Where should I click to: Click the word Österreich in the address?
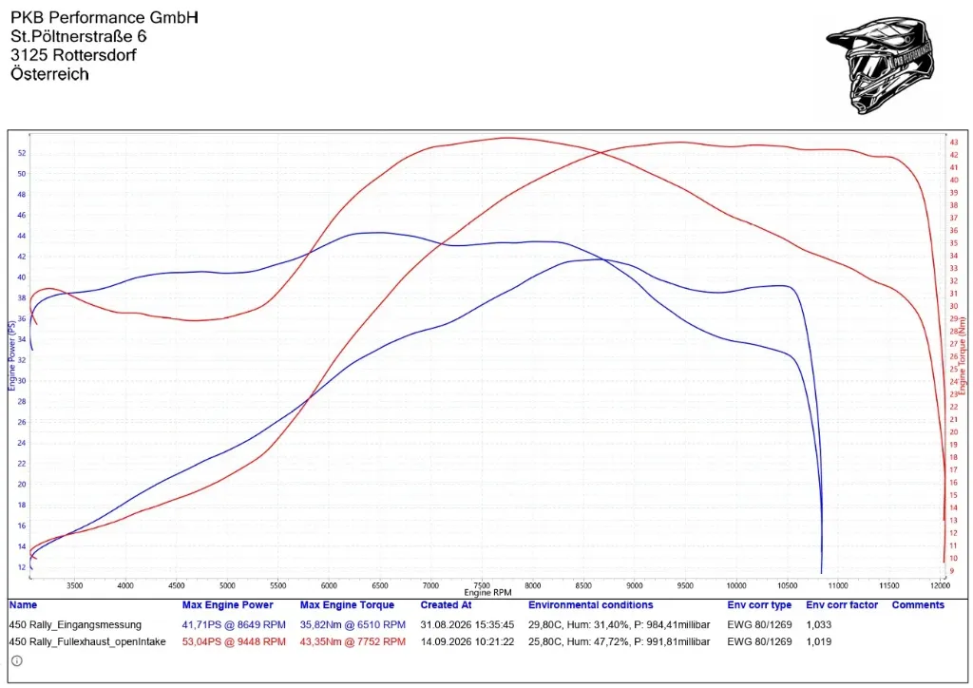point(49,74)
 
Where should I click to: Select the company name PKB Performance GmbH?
point(105,17)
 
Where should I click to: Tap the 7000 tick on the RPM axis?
point(430,585)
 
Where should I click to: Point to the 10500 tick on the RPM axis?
point(787,585)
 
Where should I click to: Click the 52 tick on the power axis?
point(22,153)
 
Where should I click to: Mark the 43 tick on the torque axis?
point(954,143)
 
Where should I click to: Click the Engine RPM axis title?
point(487,592)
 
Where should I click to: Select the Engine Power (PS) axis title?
point(11,355)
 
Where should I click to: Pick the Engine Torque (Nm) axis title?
point(963,356)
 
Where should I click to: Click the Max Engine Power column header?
point(227,605)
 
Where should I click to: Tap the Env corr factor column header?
point(842,605)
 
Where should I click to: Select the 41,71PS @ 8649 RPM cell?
point(234,624)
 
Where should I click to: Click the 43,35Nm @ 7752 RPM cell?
point(353,641)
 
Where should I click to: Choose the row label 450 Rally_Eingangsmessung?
point(75,624)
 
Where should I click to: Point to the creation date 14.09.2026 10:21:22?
point(467,641)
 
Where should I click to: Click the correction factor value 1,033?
point(818,624)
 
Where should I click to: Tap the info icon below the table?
point(17,661)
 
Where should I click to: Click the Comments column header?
point(918,605)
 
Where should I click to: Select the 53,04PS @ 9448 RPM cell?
point(234,641)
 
